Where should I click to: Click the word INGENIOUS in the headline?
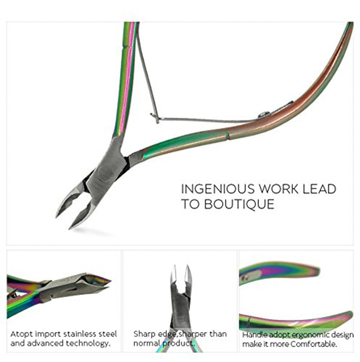point(219,189)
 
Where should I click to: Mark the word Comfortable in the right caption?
point(314,344)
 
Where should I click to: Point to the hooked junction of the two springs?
point(155,118)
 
